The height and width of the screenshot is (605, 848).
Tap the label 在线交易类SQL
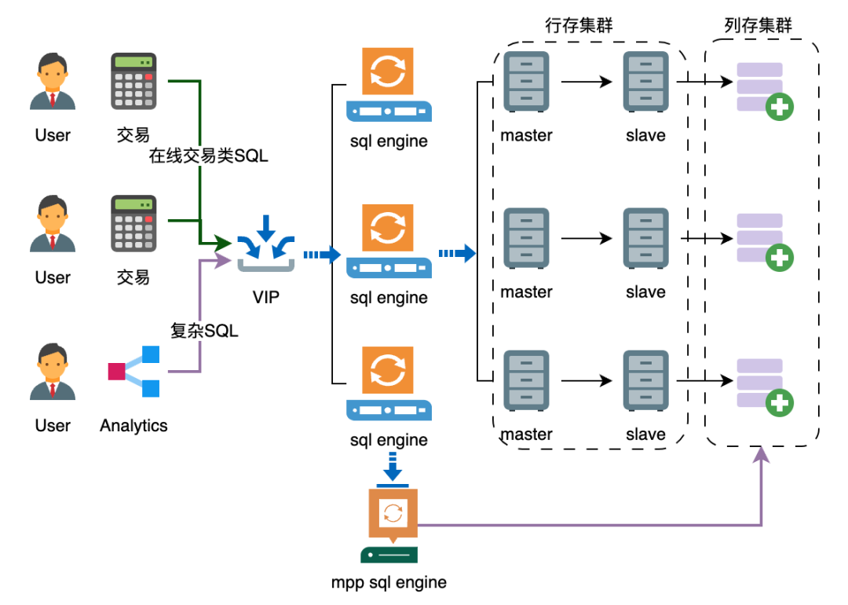point(208,156)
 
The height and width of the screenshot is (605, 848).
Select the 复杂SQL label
point(204,331)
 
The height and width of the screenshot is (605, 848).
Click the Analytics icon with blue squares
point(135,371)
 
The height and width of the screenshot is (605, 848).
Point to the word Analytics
point(133,426)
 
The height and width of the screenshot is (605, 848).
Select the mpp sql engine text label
point(389,582)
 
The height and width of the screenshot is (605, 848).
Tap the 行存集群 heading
point(579,25)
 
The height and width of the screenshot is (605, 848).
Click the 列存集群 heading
point(758,25)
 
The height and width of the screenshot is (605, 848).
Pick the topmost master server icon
point(526,81)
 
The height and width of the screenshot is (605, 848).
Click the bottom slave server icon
point(645,380)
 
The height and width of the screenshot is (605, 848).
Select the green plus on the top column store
point(779,107)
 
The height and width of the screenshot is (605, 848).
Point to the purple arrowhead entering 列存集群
point(762,453)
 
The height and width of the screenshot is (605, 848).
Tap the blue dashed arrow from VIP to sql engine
point(321,255)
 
